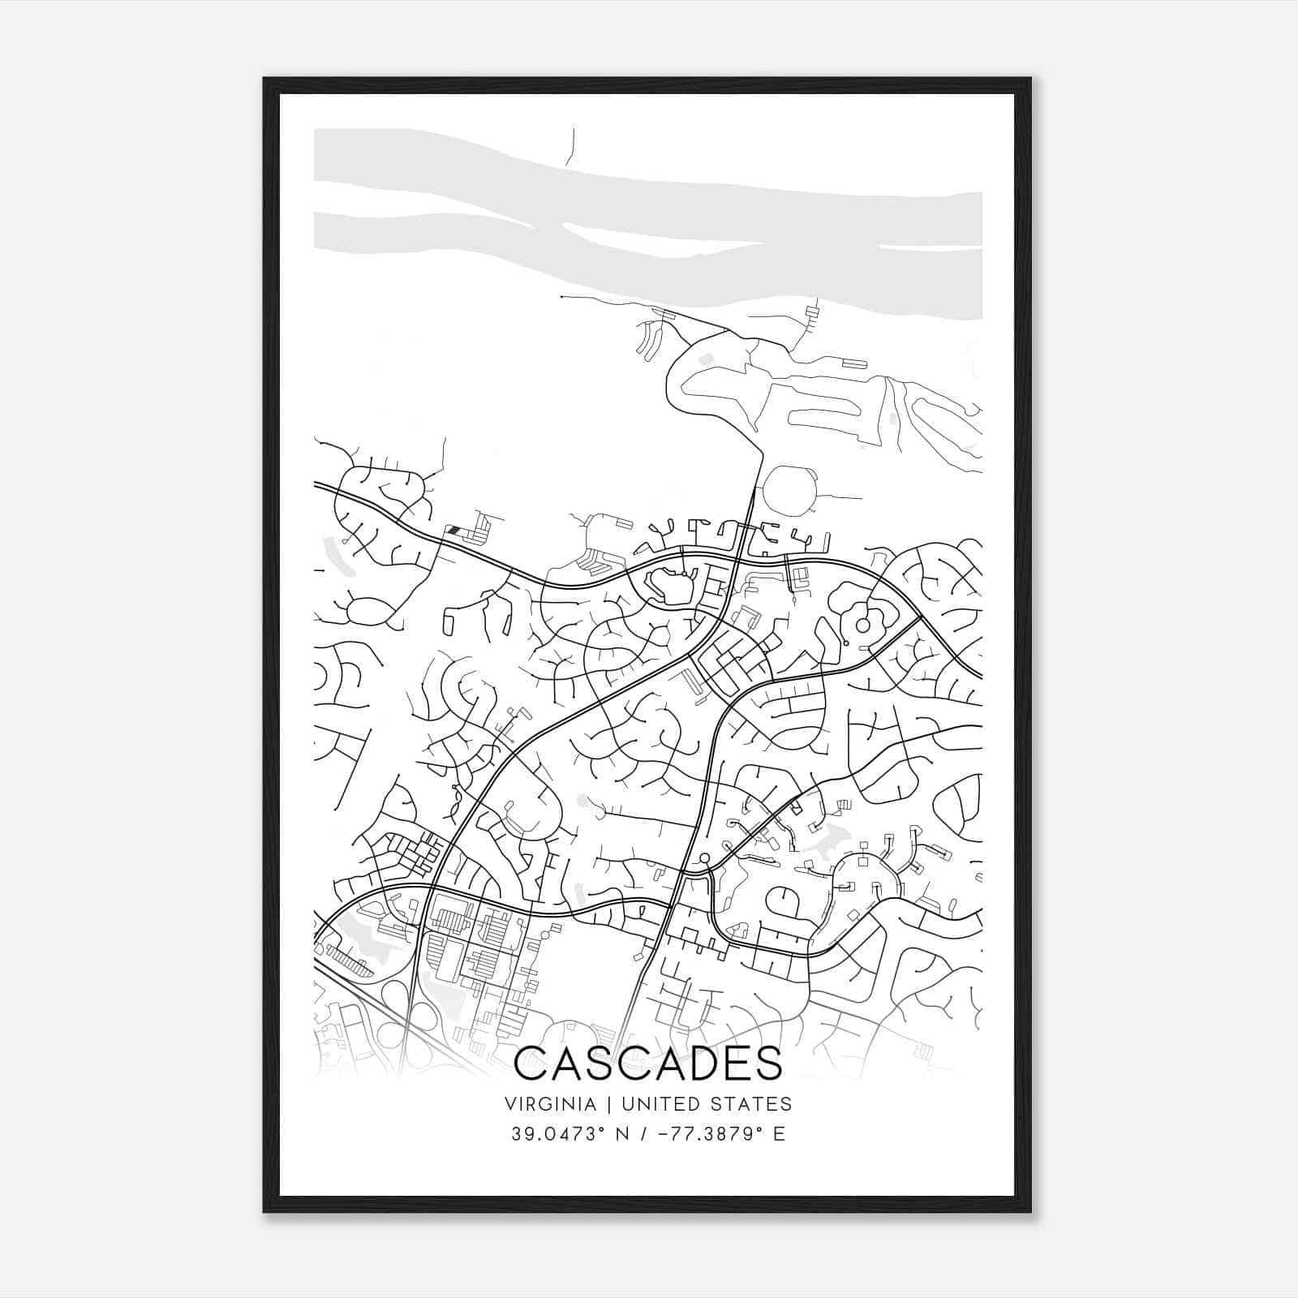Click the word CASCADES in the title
648,1064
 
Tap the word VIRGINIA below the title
550,1104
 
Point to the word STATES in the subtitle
753,1104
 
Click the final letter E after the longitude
780,1133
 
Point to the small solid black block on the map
454,529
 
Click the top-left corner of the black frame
265,80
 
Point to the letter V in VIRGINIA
509,1104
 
